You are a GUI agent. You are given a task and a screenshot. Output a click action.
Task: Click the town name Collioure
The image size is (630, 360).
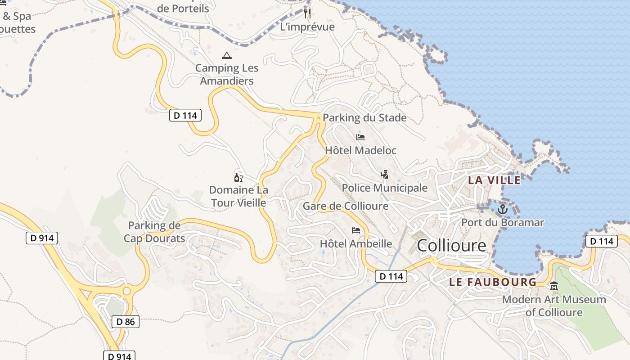pos(451,246)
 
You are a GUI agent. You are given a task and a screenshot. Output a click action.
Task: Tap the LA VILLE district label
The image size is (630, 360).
pos(494,180)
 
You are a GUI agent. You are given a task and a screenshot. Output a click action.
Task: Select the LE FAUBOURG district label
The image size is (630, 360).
pos(493,282)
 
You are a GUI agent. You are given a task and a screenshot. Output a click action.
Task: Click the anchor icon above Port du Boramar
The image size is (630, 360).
pos(502,209)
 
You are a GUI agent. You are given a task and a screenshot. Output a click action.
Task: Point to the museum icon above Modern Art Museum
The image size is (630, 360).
pos(554,286)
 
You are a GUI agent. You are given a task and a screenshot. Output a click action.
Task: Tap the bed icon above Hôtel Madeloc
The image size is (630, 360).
pos(360,137)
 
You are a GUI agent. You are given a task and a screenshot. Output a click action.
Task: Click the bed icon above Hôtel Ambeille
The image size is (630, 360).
pos(356,230)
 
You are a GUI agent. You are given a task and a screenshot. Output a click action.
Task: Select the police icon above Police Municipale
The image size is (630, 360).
pos(384,175)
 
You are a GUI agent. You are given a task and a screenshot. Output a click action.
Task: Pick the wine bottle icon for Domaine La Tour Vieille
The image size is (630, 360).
pos(238,177)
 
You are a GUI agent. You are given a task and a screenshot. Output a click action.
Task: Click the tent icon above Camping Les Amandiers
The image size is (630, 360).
pos(227,56)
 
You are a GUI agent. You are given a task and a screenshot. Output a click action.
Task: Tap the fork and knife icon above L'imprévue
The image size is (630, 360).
pos(307,13)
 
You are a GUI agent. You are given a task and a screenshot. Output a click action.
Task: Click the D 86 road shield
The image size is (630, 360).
pos(126,321)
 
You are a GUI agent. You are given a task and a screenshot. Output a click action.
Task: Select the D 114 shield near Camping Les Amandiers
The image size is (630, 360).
pos(185,116)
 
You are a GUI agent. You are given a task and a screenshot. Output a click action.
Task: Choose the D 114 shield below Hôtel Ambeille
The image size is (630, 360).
pos(391,276)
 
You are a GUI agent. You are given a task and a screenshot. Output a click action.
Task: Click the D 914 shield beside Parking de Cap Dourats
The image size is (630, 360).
pos(42,238)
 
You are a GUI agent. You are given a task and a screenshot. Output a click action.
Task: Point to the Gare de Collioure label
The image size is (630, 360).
pos(345,206)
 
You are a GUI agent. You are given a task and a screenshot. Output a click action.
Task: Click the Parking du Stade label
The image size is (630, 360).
pos(364,118)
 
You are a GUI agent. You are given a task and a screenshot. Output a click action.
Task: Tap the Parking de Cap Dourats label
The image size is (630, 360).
pos(154,232)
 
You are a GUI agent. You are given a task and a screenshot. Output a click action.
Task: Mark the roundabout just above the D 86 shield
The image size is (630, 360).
pos(126,291)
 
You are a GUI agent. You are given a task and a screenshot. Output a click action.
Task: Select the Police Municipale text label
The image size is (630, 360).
pos(384,188)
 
